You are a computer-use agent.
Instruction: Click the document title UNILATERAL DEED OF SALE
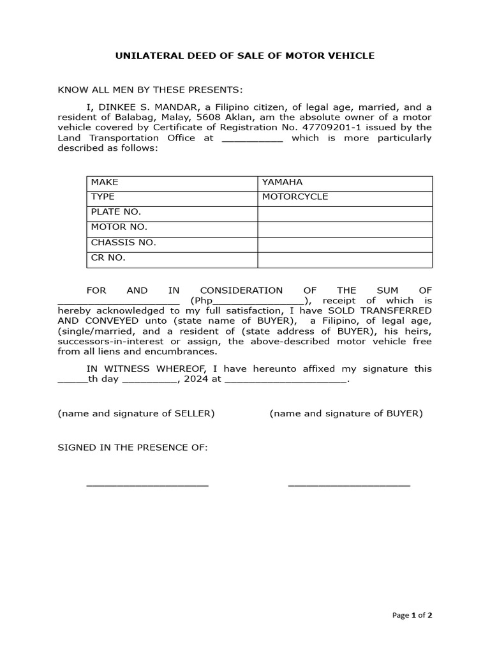[244, 56]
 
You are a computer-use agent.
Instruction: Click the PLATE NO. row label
[115, 212]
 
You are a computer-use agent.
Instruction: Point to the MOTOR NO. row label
[119, 227]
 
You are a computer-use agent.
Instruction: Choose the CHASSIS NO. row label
[123, 243]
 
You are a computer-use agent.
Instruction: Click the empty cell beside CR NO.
[345, 259]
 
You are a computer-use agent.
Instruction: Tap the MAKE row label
[105, 183]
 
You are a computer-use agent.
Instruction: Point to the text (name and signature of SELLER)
[136, 414]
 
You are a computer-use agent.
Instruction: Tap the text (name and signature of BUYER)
[346, 414]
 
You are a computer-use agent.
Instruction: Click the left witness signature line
[147, 485]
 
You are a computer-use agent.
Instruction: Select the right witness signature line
[349, 485]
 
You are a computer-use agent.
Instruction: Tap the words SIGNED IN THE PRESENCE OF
[133, 448]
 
